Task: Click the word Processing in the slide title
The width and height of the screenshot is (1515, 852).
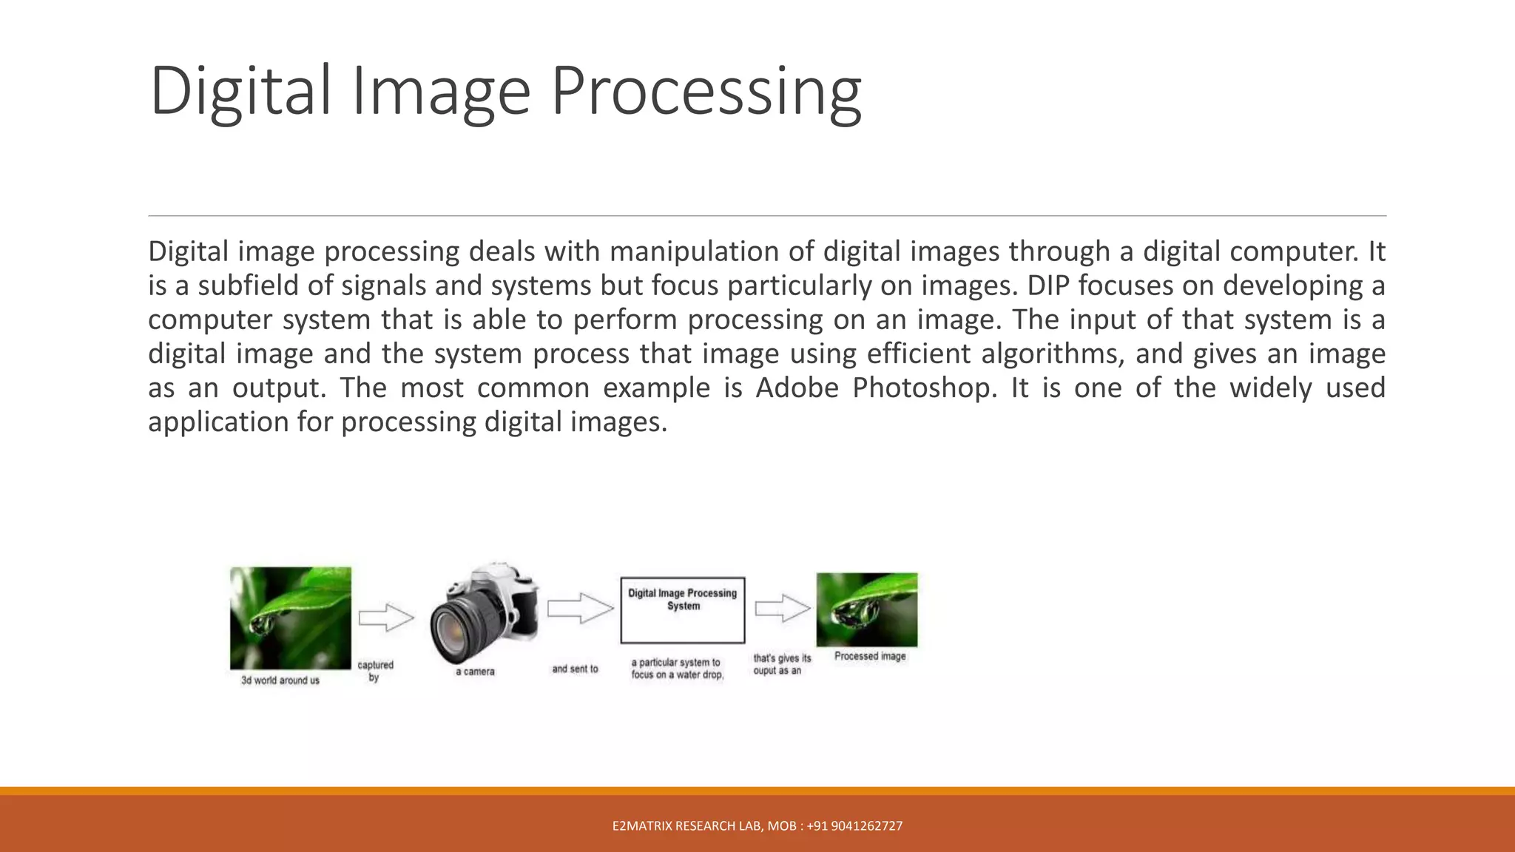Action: (706, 92)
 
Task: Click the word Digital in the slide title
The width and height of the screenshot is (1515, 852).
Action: (240, 92)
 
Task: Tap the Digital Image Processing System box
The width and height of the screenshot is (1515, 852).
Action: (682, 610)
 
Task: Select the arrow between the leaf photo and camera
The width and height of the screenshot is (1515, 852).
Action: (385, 618)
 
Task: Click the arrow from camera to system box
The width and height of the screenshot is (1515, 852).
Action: (580, 608)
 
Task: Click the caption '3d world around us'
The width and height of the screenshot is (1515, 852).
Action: (280, 680)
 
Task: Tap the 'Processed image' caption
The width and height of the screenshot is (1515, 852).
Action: (870, 656)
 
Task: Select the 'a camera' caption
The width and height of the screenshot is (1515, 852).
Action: (475, 672)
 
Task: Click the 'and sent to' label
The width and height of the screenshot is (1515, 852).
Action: (575, 669)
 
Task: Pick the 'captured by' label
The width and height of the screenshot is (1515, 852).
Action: (375, 671)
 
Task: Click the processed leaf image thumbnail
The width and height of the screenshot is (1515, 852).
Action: (866, 609)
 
